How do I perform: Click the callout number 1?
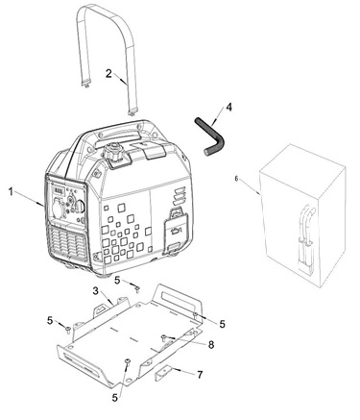point(11,192)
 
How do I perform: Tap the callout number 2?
point(108,73)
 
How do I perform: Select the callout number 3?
point(96,291)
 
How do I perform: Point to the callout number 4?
point(228,107)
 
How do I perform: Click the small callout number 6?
point(236,179)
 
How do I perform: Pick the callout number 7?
point(200,375)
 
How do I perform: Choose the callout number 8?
point(210,345)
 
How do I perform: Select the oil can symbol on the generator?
point(176,230)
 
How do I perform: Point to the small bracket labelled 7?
point(164,373)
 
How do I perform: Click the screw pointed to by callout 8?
point(164,337)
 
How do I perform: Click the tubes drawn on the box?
point(305,237)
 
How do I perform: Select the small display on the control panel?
point(58,191)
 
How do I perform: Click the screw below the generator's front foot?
point(137,289)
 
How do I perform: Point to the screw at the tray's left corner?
point(68,329)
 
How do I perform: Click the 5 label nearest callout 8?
point(222,324)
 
